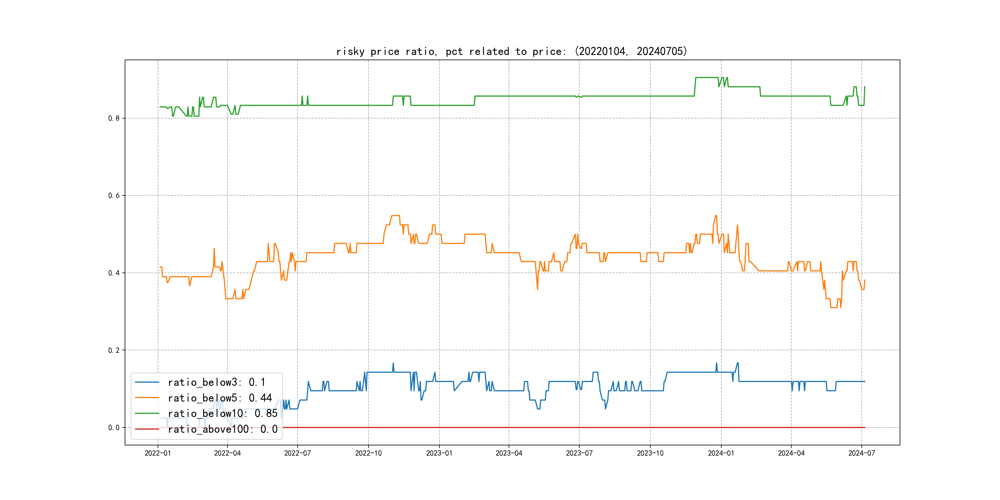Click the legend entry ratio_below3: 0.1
pos(217,382)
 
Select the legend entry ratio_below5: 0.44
pos(220,398)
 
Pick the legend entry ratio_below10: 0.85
pos(223,414)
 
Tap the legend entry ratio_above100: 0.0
pos(223,429)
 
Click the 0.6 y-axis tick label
pos(114,196)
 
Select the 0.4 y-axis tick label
pos(114,273)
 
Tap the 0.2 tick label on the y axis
pos(114,350)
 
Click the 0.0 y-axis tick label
pos(114,428)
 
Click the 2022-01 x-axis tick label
pos(158,453)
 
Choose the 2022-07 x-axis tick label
pos(297,453)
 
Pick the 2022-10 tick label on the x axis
pos(369,453)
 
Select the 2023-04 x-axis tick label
pos(509,453)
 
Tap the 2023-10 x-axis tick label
pos(650,453)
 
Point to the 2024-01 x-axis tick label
pos(721,453)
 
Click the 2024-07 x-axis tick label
pos(862,453)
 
